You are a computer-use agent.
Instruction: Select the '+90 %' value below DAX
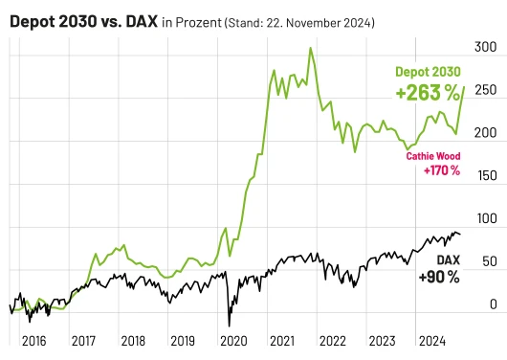click(439, 277)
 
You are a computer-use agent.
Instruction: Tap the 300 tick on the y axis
click(486, 46)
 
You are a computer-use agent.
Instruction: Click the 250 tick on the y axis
click(486, 90)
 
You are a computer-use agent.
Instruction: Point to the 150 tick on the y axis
click(486, 176)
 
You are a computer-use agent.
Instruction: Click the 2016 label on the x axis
click(33, 340)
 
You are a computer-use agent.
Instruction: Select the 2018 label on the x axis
click(133, 340)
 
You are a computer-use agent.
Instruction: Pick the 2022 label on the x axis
click(332, 340)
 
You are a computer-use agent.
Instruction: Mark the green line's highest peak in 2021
click(310, 48)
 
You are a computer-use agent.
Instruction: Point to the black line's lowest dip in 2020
click(229, 326)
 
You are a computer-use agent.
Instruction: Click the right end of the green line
click(465, 87)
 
